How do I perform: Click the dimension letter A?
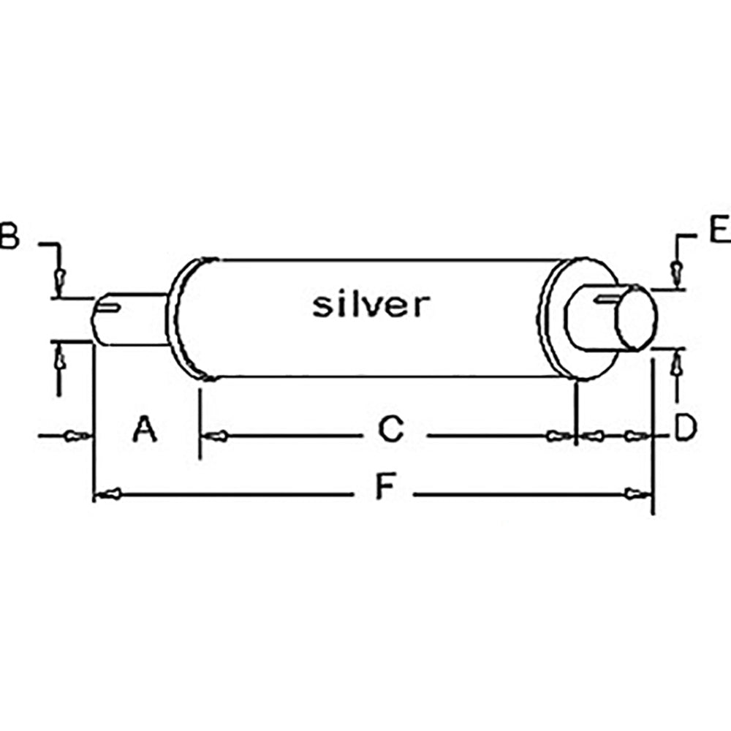click(145, 429)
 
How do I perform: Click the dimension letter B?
click(8, 237)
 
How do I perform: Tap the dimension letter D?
click(685, 429)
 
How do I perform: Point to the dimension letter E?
click(719, 229)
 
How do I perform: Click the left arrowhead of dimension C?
click(216, 436)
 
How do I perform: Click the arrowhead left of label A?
click(76, 436)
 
